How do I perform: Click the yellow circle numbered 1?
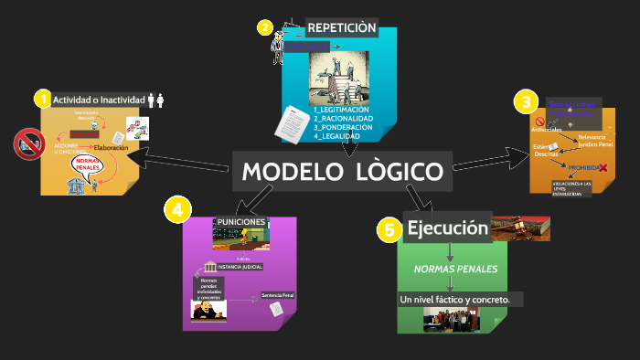tap(41, 99)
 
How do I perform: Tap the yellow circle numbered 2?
tap(265, 27)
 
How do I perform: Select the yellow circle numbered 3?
tap(524, 101)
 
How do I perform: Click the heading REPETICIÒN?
tap(342, 27)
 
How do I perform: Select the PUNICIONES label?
tap(241, 222)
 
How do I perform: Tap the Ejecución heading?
tap(447, 228)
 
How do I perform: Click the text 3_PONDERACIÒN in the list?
tap(343, 127)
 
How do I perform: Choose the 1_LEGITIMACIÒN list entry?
tap(341, 110)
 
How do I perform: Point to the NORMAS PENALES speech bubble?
tap(89, 166)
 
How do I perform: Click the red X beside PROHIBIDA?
tap(603, 167)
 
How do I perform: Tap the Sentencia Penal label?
tap(278, 295)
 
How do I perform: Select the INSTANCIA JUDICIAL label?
tap(240, 267)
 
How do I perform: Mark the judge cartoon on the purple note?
tap(208, 311)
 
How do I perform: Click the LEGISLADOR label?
tap(305, 45)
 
